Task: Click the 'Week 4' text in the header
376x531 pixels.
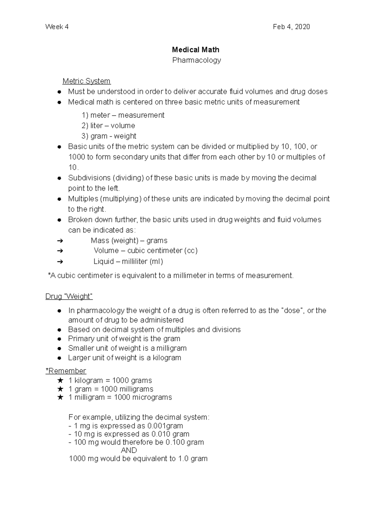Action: (x=57, y=27)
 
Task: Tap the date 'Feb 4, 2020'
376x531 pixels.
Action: (x=291, y=27)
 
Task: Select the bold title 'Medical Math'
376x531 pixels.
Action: (x=196, y=50)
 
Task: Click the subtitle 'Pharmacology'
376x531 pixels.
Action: (x=196, y=60)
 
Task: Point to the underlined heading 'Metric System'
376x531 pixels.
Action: (x=86, y=81)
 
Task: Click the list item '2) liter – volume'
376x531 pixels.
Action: (x=108, y=126)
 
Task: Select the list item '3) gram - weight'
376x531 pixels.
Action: (x=109, y=136)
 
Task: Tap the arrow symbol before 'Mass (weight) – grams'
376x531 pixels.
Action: (x=60, y=241)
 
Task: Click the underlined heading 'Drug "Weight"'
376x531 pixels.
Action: (x=69, y=296)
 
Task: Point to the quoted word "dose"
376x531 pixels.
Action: (x=293, y=311)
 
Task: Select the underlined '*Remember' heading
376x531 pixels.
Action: (x=65, y=371)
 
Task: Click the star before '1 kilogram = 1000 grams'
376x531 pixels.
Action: (x=60, y=381)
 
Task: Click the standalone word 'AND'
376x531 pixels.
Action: (x=129, y=450)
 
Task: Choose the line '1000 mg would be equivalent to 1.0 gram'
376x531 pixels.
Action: (x=138, y=459)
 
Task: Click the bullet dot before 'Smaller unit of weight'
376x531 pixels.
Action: (x=59, y=348)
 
